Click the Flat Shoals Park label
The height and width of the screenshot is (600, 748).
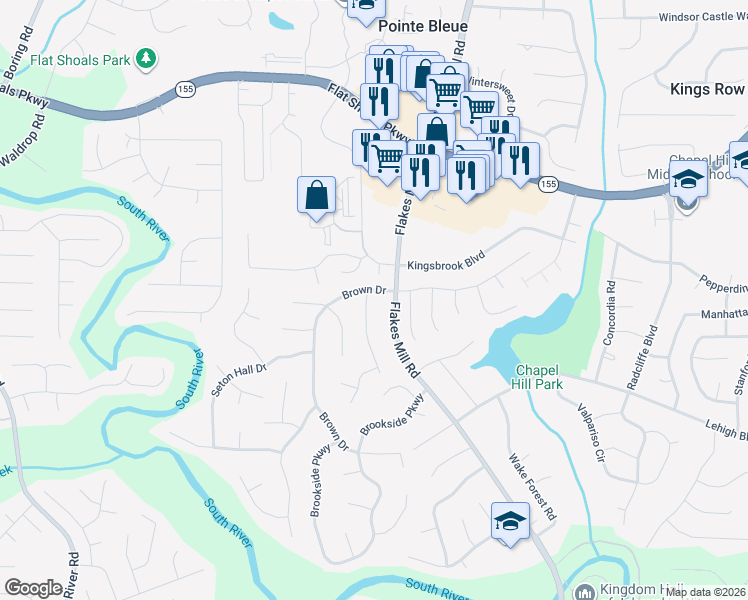click(81, 59)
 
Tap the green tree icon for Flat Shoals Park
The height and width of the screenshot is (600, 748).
click(147, 59)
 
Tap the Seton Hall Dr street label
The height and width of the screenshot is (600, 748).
click(240, 380)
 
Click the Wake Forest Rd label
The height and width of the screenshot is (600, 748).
click(531, 488)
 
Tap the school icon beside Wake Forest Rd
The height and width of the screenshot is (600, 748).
click(510, 521)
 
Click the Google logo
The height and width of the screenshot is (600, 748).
click(33, 588)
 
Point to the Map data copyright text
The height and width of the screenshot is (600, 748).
click(704, 592)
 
